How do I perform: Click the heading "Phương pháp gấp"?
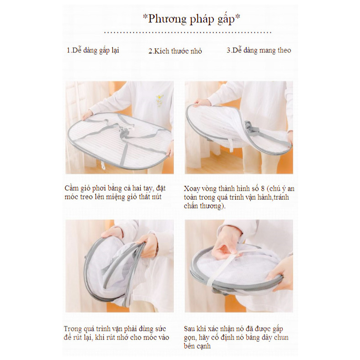click(x=192, y=19)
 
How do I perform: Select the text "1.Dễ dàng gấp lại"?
click(x=93, y=51)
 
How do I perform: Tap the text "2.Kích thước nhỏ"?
click(x=175, y=51)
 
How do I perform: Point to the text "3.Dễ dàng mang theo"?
click(x=259, y=50)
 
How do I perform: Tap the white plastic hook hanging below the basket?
click(x=102, y=165)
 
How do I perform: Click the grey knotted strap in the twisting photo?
click(x=251, y=130)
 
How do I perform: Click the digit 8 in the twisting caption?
click(x=263, y=189)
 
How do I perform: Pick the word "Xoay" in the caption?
click(x=192, y=189)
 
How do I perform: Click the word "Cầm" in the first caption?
click(x=71, y=188)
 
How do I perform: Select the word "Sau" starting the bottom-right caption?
click(x=189, y=329)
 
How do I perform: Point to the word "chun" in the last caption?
click(x=281, y=338)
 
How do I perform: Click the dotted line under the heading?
click(x=188, y=32)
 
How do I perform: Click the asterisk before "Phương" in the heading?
click(x=145, y=16)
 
